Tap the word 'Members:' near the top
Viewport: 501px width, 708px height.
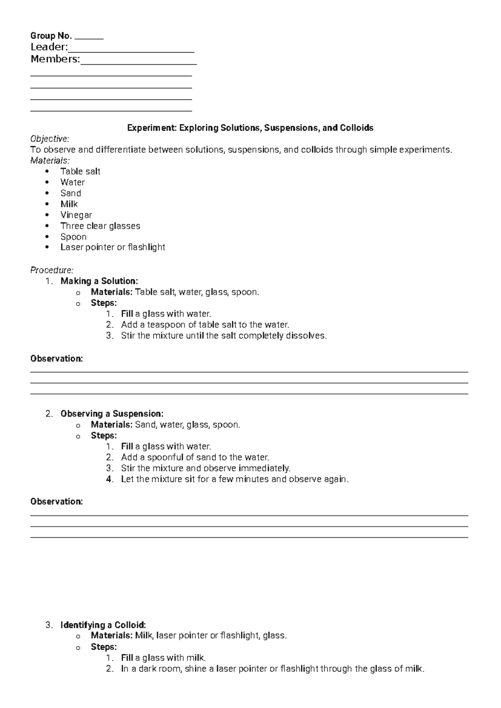coord(55,59)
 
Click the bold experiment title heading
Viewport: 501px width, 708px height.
coord(250,128)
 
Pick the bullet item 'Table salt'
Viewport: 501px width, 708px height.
coord(80,171)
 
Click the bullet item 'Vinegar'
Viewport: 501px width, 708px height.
coord(76,215)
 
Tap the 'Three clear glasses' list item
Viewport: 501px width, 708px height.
coord(100,226)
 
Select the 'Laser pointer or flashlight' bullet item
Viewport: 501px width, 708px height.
coord(113,247)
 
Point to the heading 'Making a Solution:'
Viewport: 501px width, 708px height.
coord(99,281)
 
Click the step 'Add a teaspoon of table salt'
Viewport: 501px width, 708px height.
coord(205,324)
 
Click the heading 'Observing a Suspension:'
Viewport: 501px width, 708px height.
coord(112,414)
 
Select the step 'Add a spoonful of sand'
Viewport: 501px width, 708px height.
coord(195,457)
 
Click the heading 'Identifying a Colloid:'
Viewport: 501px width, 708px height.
coord(103,625)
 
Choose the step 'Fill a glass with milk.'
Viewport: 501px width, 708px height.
coord(163,657)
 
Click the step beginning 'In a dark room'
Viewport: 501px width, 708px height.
coord(272,668)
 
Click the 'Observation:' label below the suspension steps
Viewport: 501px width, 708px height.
coord(57,501)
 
